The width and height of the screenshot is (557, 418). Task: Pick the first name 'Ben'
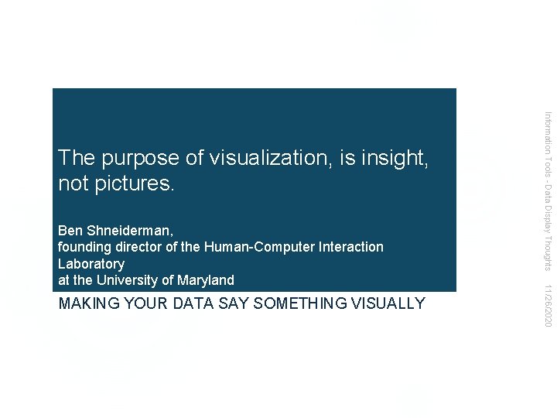point(70,231)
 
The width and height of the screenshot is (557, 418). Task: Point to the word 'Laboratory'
point(91,264)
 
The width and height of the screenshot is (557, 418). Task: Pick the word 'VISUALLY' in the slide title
point(390,303)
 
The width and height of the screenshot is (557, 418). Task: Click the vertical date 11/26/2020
point(548,304)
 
